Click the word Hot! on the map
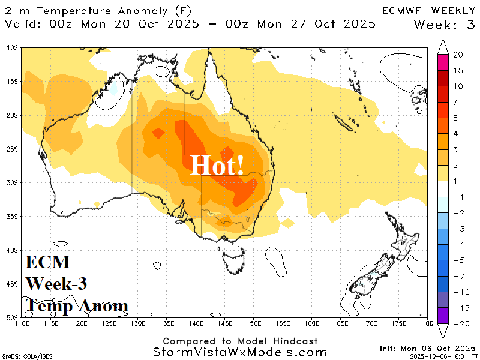(x=217, y=165)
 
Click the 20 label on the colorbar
(x=458, y=55)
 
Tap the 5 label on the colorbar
(x=456, y=118)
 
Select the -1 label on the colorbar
(x=457, y=197)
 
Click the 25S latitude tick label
(x=13, y=149)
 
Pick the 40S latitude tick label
(x=13, y=250)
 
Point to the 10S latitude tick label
(x=13, y=47)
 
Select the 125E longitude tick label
(x=109, y=324)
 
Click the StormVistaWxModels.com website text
(x=239, y=352)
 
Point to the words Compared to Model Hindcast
(x=239, y=341)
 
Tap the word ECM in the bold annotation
(x=48, y=262)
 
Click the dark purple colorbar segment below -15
(x=443, y=315)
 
